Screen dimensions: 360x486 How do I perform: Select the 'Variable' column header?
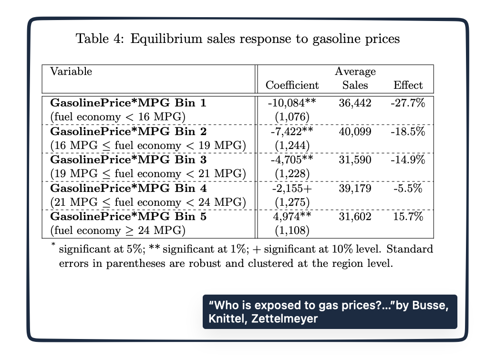coord(71,72)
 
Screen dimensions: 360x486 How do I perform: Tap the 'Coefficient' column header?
coord(292,85)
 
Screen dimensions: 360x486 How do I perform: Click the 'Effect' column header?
coord(408,85)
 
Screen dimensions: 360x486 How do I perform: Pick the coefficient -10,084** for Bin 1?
coord(292,102)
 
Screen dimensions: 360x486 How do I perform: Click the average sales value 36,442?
coord(355,102)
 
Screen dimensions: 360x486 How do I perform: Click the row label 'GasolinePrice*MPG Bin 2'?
coord(128,131)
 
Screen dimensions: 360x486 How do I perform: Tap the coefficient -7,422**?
coord(292,131)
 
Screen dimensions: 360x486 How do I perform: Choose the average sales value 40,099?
coord(355,131)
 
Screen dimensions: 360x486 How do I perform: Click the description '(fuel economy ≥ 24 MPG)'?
coord(117,231)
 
